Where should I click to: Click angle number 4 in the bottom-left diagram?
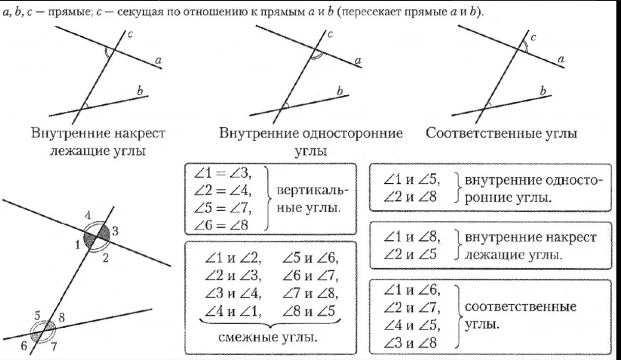click(x=88, y=216)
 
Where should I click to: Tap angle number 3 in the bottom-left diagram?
click(x=115, y=231)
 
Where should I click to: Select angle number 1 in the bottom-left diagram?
click(x=77, y=245)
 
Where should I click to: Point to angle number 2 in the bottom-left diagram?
click(x=106, y=258)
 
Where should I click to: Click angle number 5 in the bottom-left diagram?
click(x=38, y=316)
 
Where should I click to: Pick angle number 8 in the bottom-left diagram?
click(x=62, y=317)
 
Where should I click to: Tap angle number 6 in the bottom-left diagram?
click(x=24, y=347)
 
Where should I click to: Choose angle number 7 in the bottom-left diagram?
click(x=54, y=347)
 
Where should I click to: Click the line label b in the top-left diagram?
click(x=140, y=91)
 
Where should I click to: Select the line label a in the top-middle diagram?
click(x=358, y=60)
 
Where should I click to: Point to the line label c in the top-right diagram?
click(x=533, y=38)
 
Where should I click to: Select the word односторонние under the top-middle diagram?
click(x=352, y=133)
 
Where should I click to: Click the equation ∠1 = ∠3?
click(x=223, y=173)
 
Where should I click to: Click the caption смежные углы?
click(x=268, y=337)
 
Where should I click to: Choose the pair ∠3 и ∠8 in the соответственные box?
click(x=410, y=342)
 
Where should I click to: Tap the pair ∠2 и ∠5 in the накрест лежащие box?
click(x=410, y=254)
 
